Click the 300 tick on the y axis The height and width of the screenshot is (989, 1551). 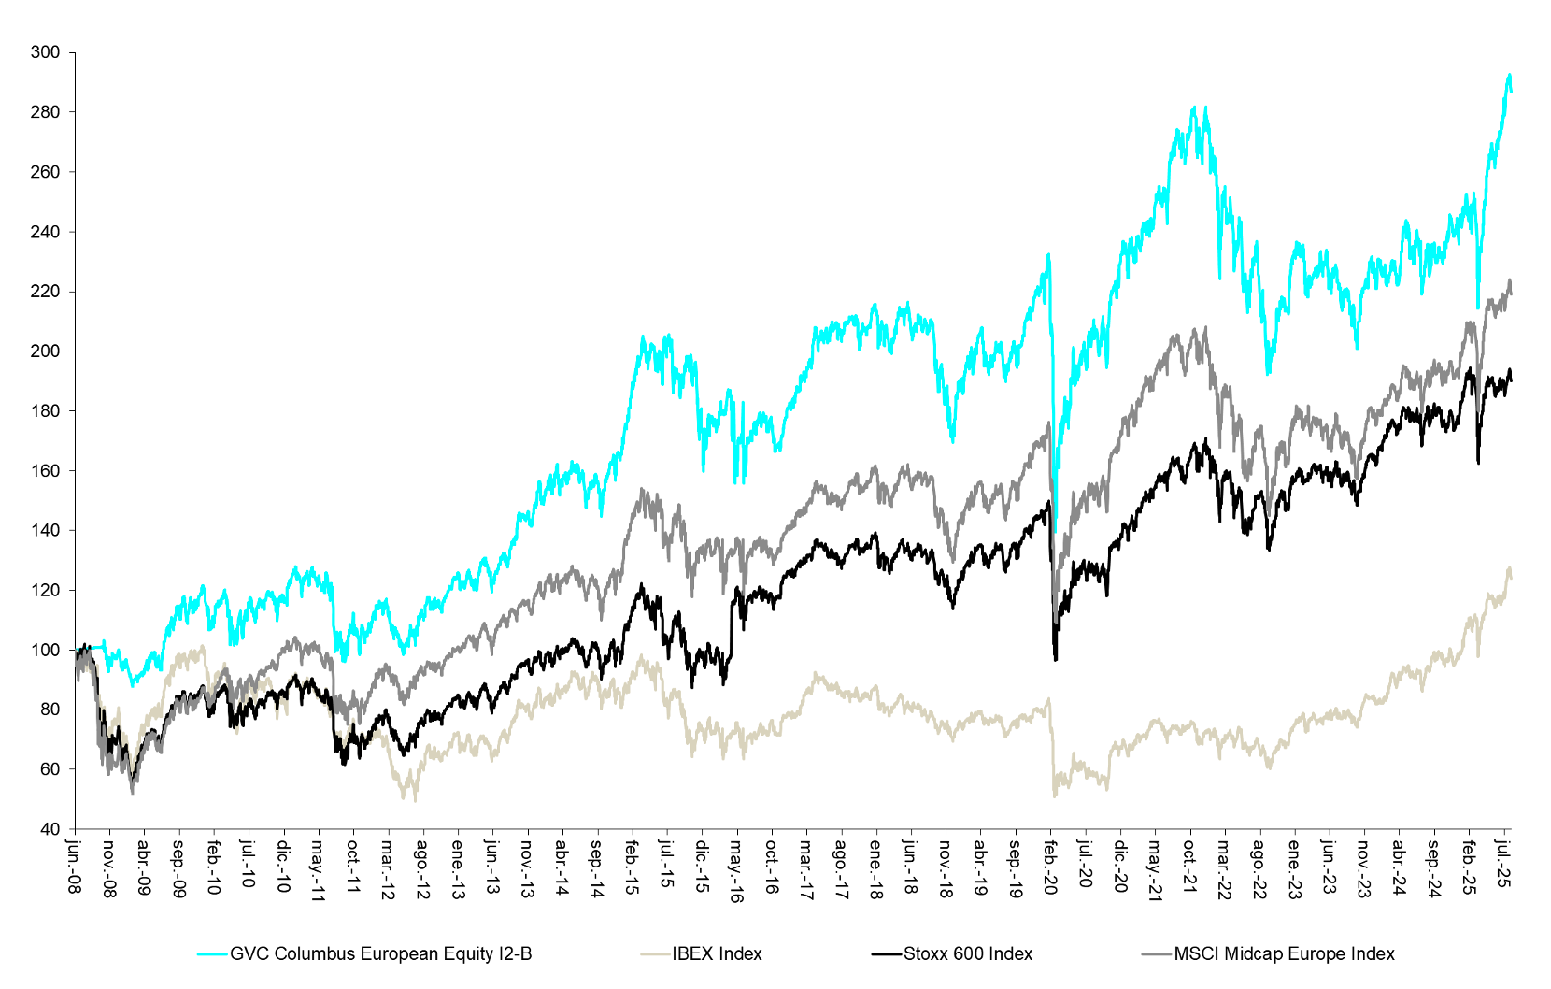tap(45, 52)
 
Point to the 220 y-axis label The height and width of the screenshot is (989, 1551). tap(45, 292)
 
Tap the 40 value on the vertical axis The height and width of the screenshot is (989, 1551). tap(50, 829)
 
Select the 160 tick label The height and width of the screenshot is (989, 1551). tap(45, 470)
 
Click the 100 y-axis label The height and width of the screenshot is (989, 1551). tap(45, 650)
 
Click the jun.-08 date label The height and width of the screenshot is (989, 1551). tap(75, 866)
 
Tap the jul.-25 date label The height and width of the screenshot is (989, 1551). tap(1503, 864)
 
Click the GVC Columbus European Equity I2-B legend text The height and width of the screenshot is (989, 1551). tap(380, 953)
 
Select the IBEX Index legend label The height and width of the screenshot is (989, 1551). tap(717, 953)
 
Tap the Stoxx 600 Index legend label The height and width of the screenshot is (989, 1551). tap(967, 953)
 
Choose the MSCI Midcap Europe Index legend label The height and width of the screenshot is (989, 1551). tap(1284, 953)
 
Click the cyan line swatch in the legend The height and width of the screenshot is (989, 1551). tap(212, 953)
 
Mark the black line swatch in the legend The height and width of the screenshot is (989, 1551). tap(887, 953)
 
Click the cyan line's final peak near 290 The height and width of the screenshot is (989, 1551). tap(1509, 75)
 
